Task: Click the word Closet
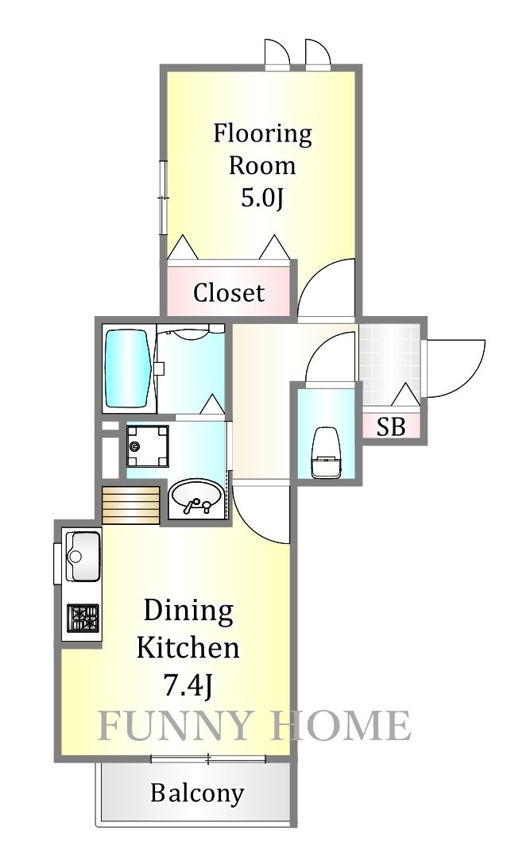228,292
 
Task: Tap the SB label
391,426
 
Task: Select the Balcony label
197,793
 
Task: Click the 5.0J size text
262,199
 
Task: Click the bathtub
129,370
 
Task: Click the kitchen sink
83,557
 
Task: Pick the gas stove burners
83,618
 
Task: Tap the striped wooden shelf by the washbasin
131,505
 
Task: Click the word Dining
188,611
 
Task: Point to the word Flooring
263,134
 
